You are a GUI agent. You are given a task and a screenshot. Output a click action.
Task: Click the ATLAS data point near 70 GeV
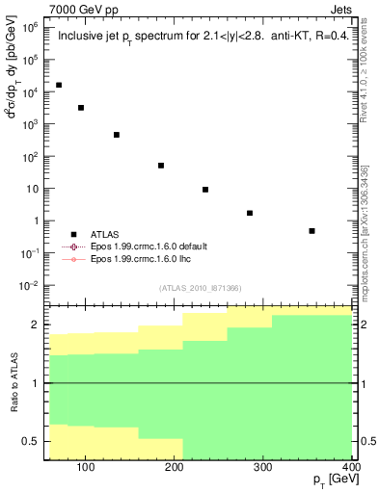coord(59,86)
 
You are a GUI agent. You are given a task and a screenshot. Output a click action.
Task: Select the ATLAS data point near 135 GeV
coord(117,135)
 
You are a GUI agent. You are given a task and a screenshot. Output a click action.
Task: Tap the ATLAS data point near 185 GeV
coord(161,166)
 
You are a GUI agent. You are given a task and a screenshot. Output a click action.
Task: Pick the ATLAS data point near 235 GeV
coord(205,190)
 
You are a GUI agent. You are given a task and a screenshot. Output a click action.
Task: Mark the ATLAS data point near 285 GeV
coord(250,213)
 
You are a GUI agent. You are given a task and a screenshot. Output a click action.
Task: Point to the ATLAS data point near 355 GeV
coord(311,231)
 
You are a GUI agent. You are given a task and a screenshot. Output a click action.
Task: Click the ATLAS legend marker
coord(73,234)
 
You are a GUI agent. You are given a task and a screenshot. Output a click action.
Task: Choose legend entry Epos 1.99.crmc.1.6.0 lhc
coord(140,259)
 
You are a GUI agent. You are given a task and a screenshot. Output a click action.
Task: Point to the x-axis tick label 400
coord(350,468)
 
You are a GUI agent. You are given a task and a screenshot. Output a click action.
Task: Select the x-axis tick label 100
coord(85,468)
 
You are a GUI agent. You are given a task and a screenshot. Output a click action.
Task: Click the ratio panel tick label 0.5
coord(32,441)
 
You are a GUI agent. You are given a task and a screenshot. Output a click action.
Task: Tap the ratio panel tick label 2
coord(38,324)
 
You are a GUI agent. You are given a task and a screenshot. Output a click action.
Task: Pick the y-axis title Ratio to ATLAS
coord(13,383)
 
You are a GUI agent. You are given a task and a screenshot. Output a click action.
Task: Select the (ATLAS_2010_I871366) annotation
coord(200,288)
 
